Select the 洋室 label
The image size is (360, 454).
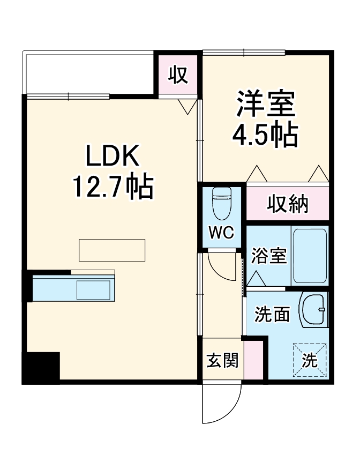(x=266, y=104)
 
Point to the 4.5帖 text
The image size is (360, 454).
(x=265, y=136)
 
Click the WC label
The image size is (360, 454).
(x=221, y=234)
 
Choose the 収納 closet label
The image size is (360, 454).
(x=288, y=204)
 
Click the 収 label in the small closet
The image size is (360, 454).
(x=178, y=75)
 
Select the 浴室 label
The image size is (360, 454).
(x=269, y=256)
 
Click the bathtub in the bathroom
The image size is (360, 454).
(x=309, y=256)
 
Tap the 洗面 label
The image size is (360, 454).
(x=272, y=315)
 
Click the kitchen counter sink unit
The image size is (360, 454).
(x=73, y=289)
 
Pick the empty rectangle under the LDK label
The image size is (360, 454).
(x=112, y=250)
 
